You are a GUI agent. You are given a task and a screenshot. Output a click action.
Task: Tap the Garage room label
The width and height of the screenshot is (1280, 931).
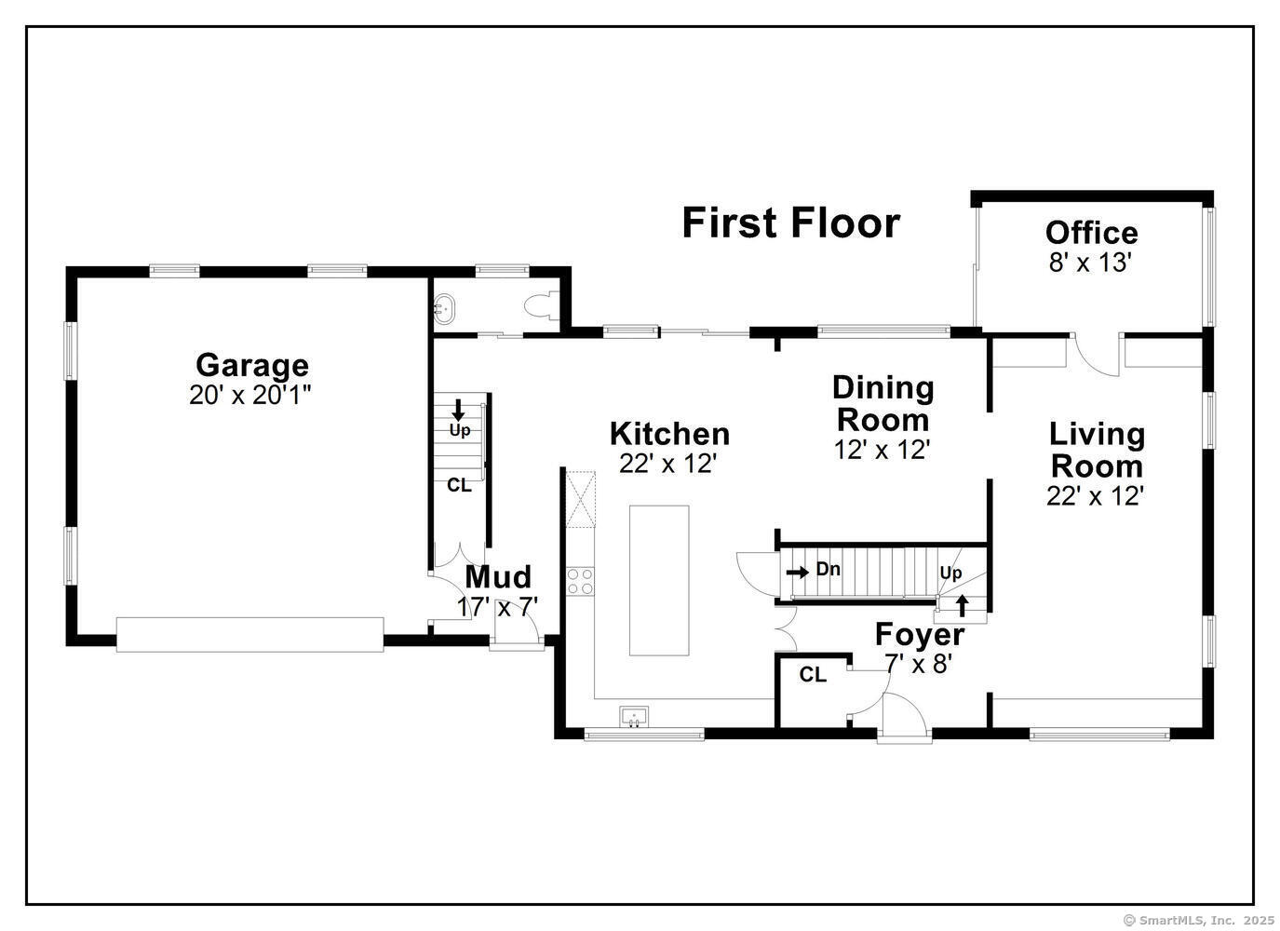point(252,365)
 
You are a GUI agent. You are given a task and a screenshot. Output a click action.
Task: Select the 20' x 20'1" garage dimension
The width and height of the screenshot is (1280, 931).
point(249,395)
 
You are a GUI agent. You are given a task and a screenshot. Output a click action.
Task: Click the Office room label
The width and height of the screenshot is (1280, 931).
point(1091,233)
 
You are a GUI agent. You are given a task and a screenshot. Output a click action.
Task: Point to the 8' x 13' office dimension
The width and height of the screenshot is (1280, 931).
point(1091,263)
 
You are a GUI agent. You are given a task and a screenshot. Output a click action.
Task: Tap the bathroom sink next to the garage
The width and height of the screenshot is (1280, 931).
point(444,309)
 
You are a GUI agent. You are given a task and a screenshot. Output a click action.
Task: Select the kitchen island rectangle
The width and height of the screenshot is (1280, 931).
point(659,580)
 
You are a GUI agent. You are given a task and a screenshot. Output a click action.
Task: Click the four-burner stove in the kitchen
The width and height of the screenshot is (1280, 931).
point(580,581)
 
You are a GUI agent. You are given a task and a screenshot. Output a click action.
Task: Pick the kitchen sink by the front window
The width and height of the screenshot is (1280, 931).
point(634,717)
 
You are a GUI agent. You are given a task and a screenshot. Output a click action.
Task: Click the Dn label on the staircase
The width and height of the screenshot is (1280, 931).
point(828,569)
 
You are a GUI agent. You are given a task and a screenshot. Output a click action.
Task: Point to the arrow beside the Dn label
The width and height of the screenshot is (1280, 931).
point(798,572)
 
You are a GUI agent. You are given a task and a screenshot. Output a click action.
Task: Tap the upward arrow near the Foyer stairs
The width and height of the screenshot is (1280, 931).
point(963,606)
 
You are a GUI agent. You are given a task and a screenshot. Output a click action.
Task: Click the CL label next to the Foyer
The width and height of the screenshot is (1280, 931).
point(813,675)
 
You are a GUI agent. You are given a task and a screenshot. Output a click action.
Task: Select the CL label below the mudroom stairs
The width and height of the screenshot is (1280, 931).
point(460,485)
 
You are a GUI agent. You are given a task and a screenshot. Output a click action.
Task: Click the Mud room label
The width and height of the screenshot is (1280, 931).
point(498,576)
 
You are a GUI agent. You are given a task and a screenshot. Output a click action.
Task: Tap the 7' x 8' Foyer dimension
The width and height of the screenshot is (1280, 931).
point(918,664)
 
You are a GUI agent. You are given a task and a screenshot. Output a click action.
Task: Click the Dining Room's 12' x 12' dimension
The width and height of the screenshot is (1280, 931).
point(883,451)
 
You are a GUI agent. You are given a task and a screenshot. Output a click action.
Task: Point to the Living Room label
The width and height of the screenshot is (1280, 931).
point(1097,451)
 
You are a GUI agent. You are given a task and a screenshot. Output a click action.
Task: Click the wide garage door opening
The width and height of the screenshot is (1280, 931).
point(249,634)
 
